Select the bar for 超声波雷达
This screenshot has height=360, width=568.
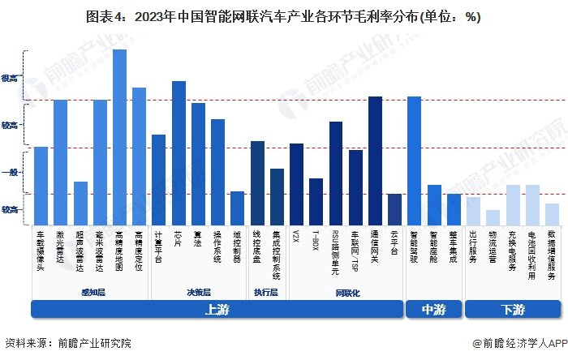[80, 204]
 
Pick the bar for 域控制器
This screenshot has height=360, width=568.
[237, 208]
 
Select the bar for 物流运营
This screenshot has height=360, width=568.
[493, 217]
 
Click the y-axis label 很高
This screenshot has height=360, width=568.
[10, 79]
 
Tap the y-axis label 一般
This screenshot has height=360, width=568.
[10, 173]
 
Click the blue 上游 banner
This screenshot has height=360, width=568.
[217, 309]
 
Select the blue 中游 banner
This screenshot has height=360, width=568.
[434, 309]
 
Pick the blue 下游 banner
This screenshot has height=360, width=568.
[512, 309]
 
